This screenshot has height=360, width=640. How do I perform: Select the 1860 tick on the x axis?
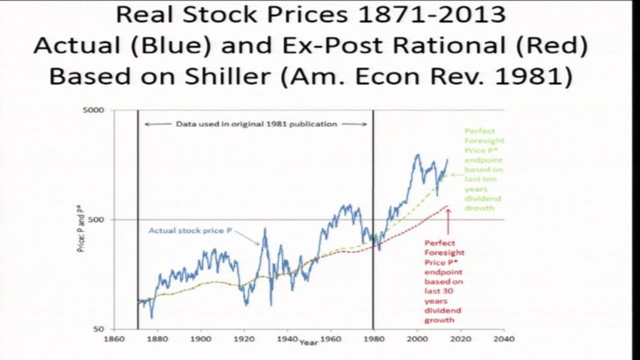[114, 339]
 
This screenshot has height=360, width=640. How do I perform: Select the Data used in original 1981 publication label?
[256, 124]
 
